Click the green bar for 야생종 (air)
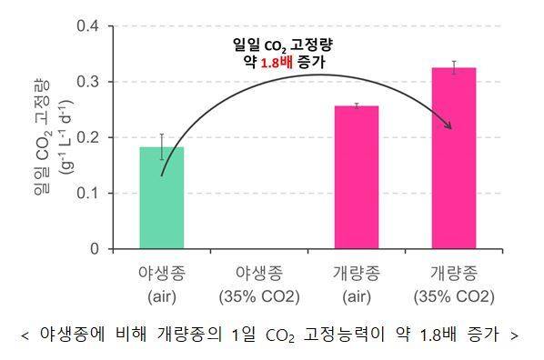click(x=162, y=197)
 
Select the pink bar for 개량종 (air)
click(x=357, y=177)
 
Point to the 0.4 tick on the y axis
click(x=87, y=25)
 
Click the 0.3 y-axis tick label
click(x=87, y=82)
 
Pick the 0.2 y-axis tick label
click(x=87, y=137)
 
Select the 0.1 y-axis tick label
click(x=87, y=193)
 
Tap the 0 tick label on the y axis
click(x=94, y=248)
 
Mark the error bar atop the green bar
click(x=162, y=146)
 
